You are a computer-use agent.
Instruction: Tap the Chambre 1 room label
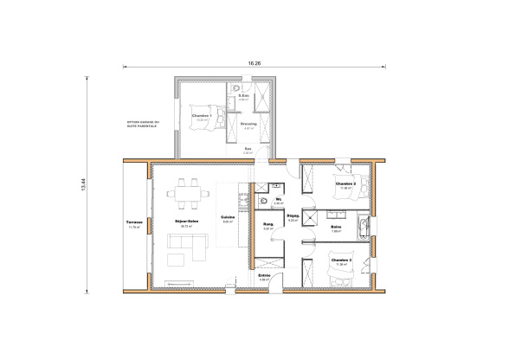[x=202, y=115]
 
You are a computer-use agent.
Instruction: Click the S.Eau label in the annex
[x=244, y=95]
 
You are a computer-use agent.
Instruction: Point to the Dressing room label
[x=248, y=124]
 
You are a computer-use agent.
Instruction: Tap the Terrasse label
[x=134, y=222]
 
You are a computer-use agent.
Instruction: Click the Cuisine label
[x=228, y=217]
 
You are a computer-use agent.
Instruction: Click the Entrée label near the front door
[x=265, y=276]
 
